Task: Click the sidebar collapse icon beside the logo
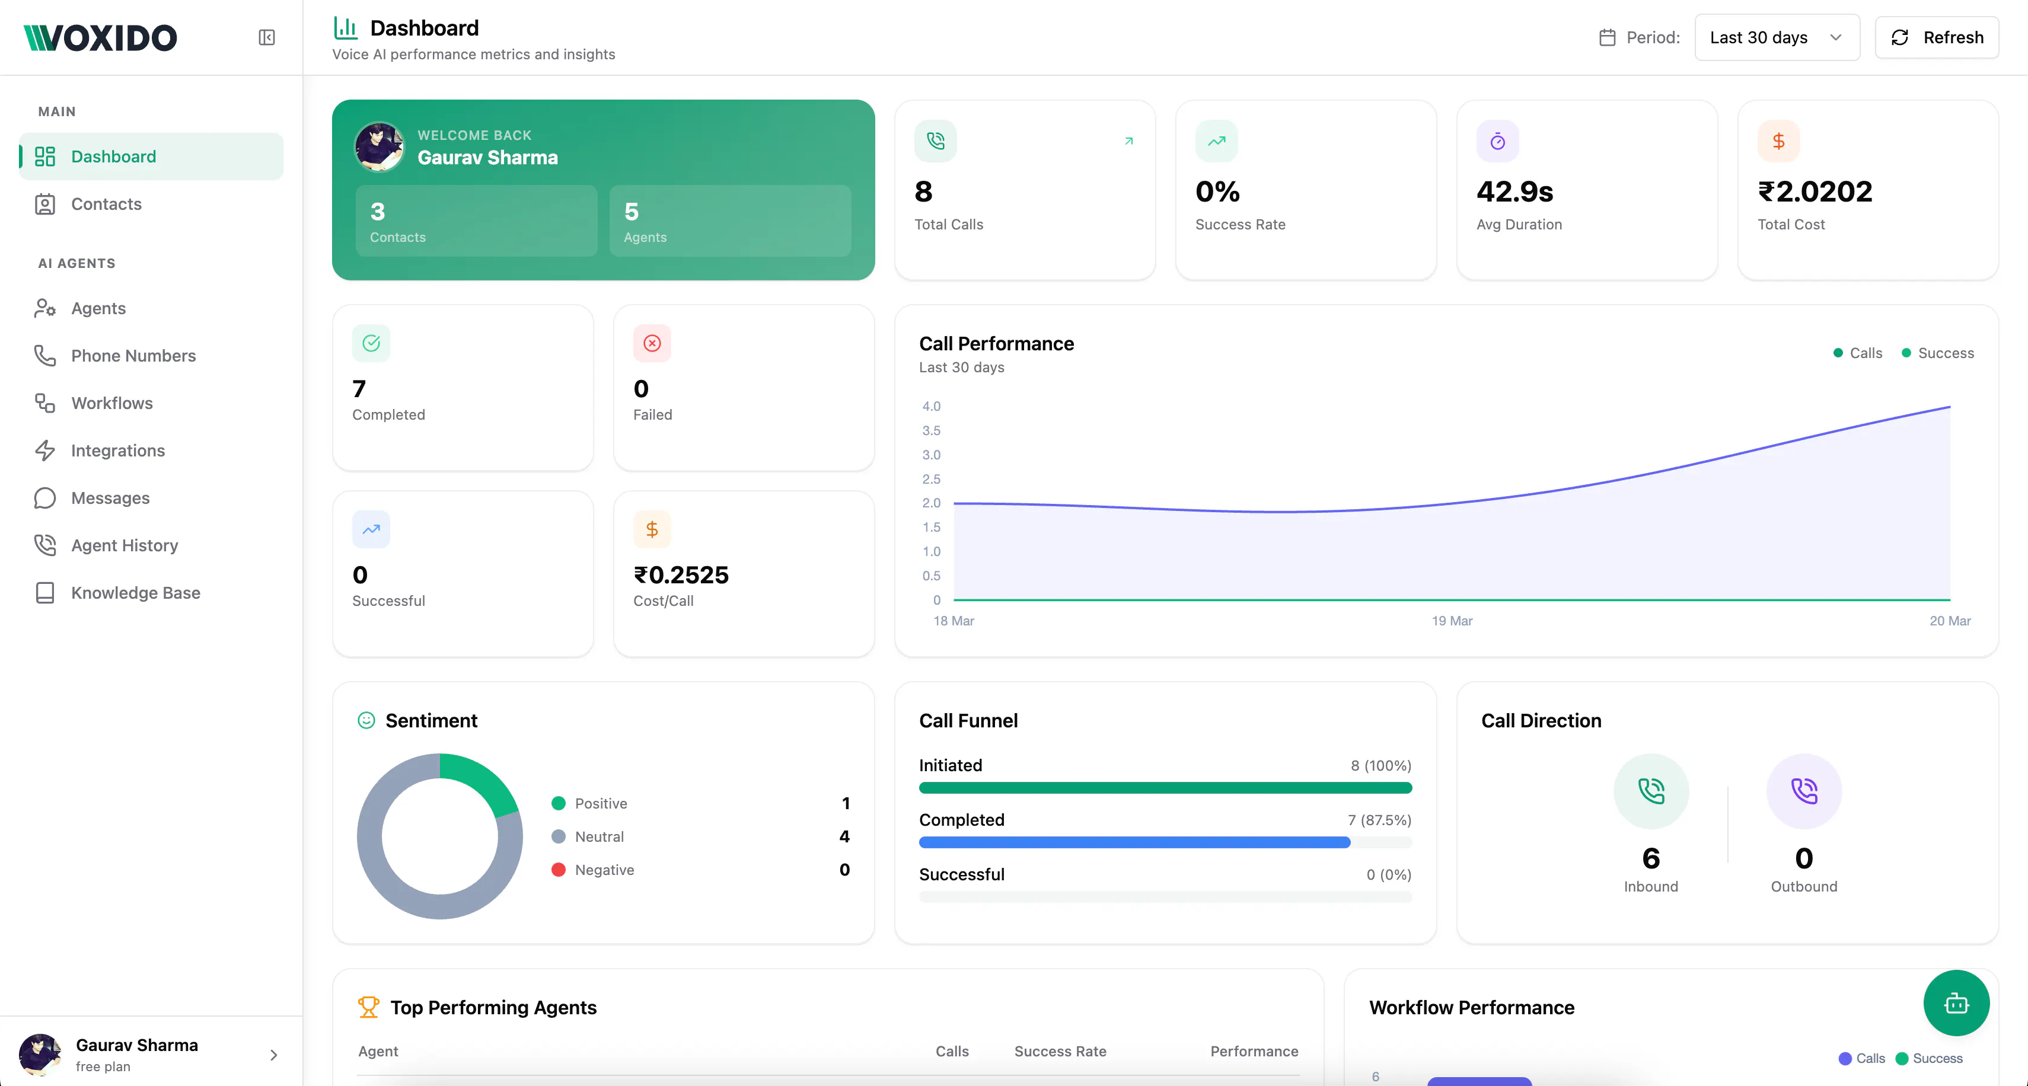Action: [x=267, y=38]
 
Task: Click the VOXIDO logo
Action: [x=100, y=38]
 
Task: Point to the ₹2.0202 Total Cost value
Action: [x=1815, y=191]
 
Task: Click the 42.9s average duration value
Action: [x=1514, y=191]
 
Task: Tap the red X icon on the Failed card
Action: [x=652, y=343]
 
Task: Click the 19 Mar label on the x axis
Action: [x=1452, y=621]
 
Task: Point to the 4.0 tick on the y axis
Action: [x=932, y=406]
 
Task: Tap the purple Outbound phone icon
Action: [x=1804, y=791]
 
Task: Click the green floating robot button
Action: [x=1956, y=1004]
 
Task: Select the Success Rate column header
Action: [x=1060, y=1052]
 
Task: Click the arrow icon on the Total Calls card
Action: [x=1129, y=141]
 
